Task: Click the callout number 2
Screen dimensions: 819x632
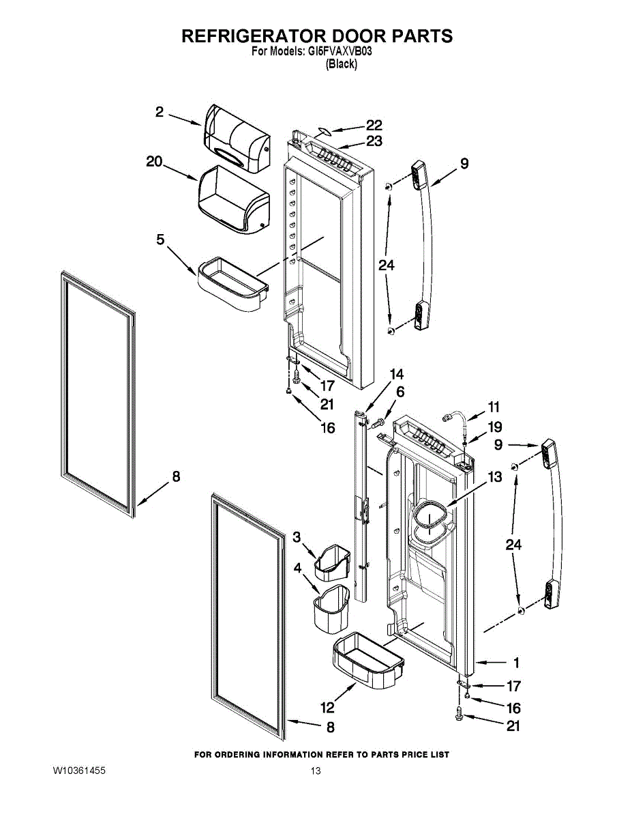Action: [x=159, y=112]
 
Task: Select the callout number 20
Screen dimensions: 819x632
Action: [x=155, y=162]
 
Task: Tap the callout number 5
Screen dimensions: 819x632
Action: [x=160, y=240]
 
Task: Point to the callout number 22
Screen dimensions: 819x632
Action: [x=374, y=125]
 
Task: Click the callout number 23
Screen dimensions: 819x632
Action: [x=374, y=141]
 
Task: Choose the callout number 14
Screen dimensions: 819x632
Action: [x=396, y=374]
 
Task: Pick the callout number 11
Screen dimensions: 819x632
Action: [x=493, y=407]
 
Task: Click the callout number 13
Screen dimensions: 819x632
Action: [x=494, y=477]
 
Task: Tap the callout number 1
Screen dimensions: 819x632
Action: [x=516, y=662]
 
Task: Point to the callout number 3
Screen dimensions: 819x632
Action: [x=297, y=537]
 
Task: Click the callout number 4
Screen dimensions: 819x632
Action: [x=298, y=567]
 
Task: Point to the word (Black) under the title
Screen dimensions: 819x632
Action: [x=341, y=64]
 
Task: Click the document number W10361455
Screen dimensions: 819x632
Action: [x=79, y=771]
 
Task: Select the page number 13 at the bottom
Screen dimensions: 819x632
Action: [x=316, y=771]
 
